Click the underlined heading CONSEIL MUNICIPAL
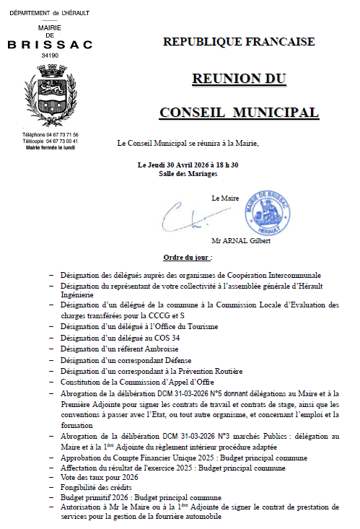tap(239, 113)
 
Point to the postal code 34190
tap(50, 55)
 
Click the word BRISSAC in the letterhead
tap(50, 45)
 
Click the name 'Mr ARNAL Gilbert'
tap(241, 241)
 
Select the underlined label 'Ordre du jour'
tap(186, 258)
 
